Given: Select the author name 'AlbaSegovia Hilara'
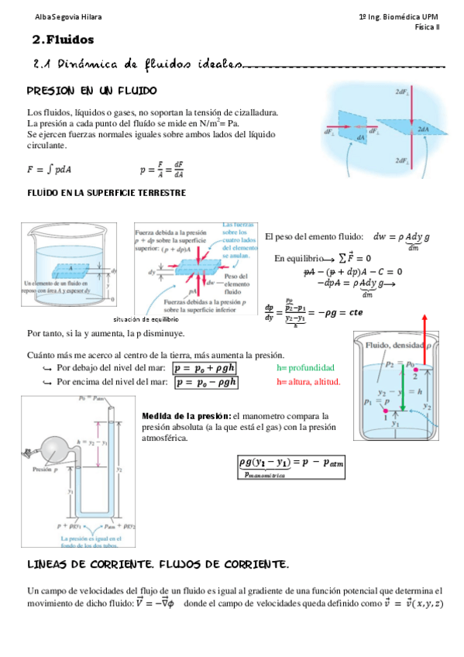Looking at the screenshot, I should (46, 16).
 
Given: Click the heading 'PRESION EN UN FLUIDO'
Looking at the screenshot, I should (91, 90).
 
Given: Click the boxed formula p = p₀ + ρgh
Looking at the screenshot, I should (205, 368).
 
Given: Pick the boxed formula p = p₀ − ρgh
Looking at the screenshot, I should (205, 382).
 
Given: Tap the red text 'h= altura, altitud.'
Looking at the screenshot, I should (308, 382).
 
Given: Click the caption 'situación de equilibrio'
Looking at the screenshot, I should (167, 318).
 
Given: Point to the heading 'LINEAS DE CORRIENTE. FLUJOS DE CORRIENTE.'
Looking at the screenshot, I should (158, 563).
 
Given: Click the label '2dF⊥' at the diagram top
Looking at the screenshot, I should (402, 92).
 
